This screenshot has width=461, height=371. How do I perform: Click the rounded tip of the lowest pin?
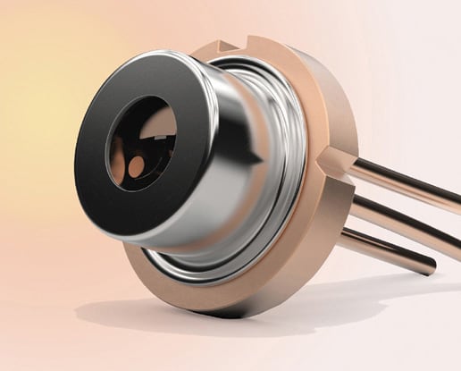point(432,265)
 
